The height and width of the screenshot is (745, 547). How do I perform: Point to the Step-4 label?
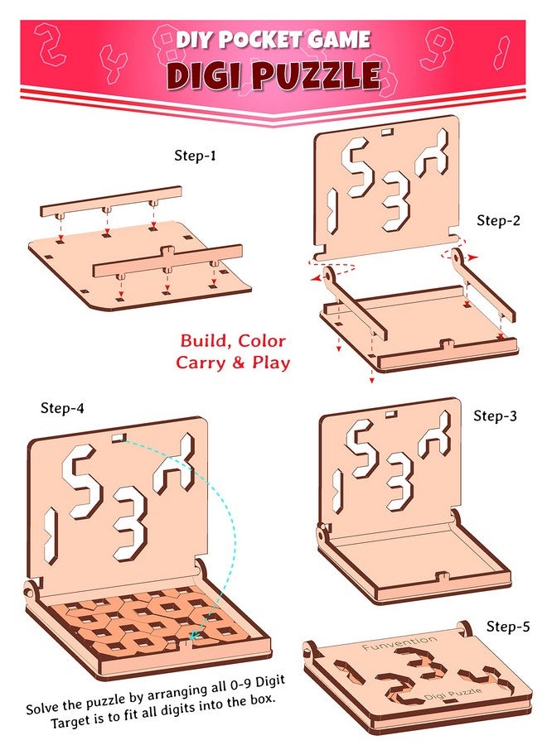coord(65,408)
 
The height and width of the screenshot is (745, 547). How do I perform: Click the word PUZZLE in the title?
coord(316,74)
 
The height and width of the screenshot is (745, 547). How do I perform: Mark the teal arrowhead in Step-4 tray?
coord(192,636)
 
